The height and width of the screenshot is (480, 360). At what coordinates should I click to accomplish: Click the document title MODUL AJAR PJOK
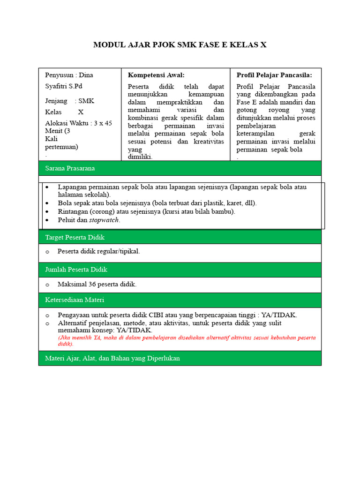click(180, 45)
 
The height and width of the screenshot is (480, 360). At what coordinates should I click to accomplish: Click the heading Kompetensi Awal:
click(156, 75)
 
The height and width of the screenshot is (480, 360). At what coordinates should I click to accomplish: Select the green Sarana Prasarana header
click(180, 168)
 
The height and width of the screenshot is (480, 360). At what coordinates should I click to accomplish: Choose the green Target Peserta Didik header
click(180, 237)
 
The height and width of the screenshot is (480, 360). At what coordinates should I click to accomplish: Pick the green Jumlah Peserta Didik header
click(180, 270)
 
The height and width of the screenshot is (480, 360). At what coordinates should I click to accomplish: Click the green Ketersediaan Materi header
click(180, 300)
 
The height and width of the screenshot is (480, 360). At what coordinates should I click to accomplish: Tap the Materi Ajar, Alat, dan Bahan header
click(180, 358)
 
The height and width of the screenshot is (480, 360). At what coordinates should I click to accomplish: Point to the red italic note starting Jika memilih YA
click(187, 340)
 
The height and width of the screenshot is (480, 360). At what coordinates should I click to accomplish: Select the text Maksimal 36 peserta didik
click(97, 284)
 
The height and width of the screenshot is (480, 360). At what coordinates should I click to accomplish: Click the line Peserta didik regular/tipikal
click(98, 251)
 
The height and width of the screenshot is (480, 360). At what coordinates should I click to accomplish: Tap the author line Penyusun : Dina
click(69, 75)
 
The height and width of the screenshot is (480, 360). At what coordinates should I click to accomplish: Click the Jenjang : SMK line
click(69, 101)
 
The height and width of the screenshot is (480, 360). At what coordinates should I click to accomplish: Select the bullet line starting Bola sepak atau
click(157, 203)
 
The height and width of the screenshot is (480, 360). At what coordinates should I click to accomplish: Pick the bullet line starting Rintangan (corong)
click(146, 211)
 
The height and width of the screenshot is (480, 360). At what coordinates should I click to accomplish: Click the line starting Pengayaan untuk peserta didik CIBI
click(177, 315)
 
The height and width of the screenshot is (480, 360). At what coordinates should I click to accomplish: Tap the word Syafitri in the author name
click(57, 86)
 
